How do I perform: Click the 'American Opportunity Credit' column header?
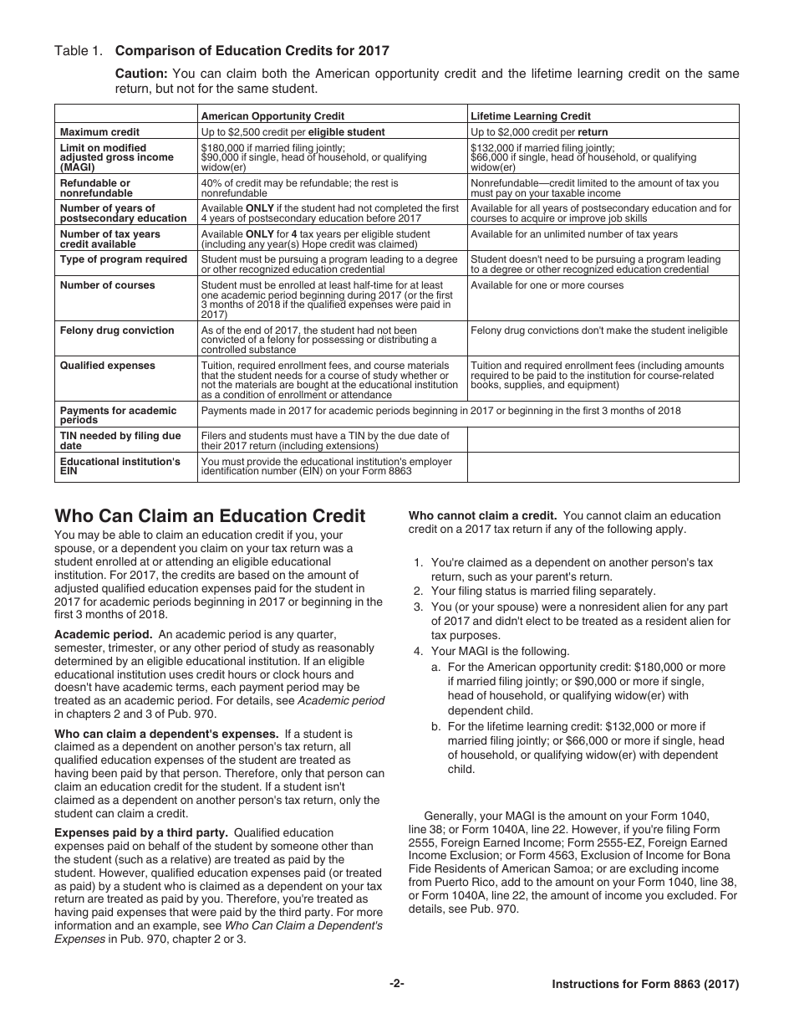click(x=272, y=116)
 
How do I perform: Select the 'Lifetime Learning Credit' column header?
click(x=530, y=116)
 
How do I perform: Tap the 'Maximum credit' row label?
click(x=99, y=132)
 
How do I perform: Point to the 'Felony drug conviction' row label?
click(x=117, y=330)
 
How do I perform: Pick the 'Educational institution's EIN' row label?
click(x=120, y=467)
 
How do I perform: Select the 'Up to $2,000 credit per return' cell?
click(x=539, y=132)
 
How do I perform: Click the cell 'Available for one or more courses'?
click(x=547, y=285)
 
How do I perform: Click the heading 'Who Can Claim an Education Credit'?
click(x=210, y=515)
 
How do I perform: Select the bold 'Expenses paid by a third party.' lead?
click(x=140, y=832)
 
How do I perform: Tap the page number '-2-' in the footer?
click(x=396, y=985)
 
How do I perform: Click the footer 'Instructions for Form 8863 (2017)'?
click(x=645, y=985)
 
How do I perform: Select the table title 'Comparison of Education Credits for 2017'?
click(x=252, y=51)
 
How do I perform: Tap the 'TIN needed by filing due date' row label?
click(x=120, y=441)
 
